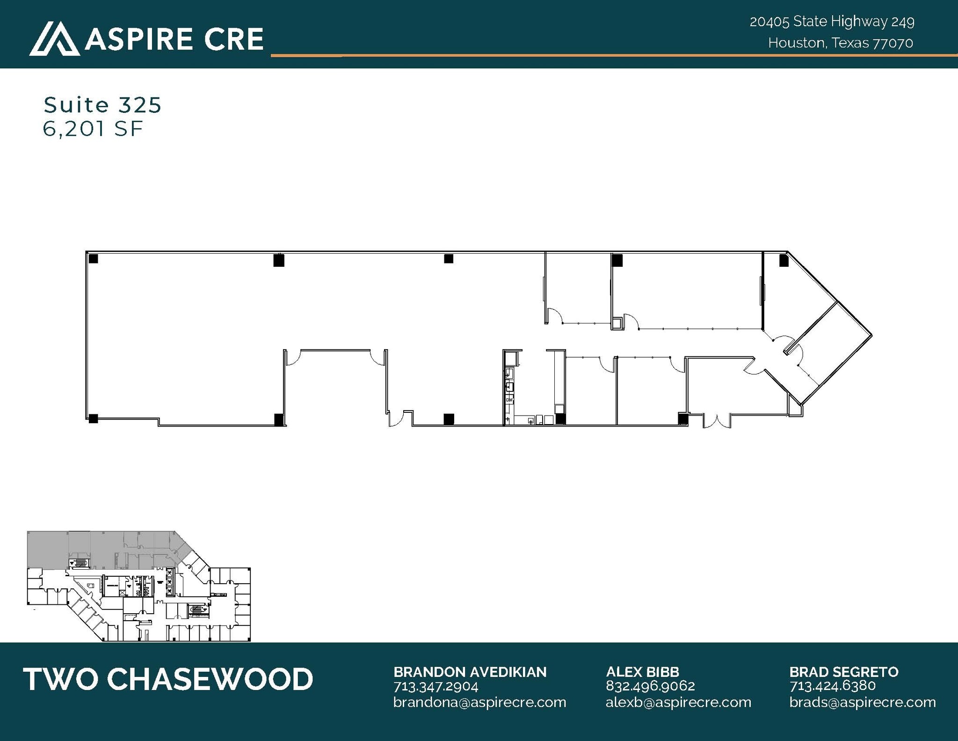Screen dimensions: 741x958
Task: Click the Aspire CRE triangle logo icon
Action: pos(54,39)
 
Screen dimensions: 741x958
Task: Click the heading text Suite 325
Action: pos(102,105)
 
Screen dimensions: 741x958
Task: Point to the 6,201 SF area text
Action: pos(93,129)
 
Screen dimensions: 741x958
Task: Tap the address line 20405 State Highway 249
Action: pos(832,22)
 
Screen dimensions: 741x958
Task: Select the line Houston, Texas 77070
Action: pos(840,43)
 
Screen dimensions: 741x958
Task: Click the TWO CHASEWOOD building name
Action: pos(168,679)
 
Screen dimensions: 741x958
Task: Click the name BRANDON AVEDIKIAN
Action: pos(470,672)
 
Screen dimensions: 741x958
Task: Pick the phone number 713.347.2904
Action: pos(435,687)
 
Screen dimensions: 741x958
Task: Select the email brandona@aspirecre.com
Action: pos(479,702)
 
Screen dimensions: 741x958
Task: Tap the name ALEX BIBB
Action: pos(642,672)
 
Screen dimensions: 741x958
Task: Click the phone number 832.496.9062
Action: pos(650,686)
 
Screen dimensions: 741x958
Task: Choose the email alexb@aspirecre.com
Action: pos(678,702)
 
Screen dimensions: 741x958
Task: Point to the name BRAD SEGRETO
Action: pos(844,672)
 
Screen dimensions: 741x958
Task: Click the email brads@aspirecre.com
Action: pos(863,702)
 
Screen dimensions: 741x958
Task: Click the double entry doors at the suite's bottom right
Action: pos(716,421)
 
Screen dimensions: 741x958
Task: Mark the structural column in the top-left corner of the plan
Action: pos(93,258)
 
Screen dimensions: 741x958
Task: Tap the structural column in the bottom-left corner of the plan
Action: pos(93,418)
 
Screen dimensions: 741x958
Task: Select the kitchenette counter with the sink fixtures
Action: pos(509,389)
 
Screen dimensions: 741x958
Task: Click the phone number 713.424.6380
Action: pos(832,686)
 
